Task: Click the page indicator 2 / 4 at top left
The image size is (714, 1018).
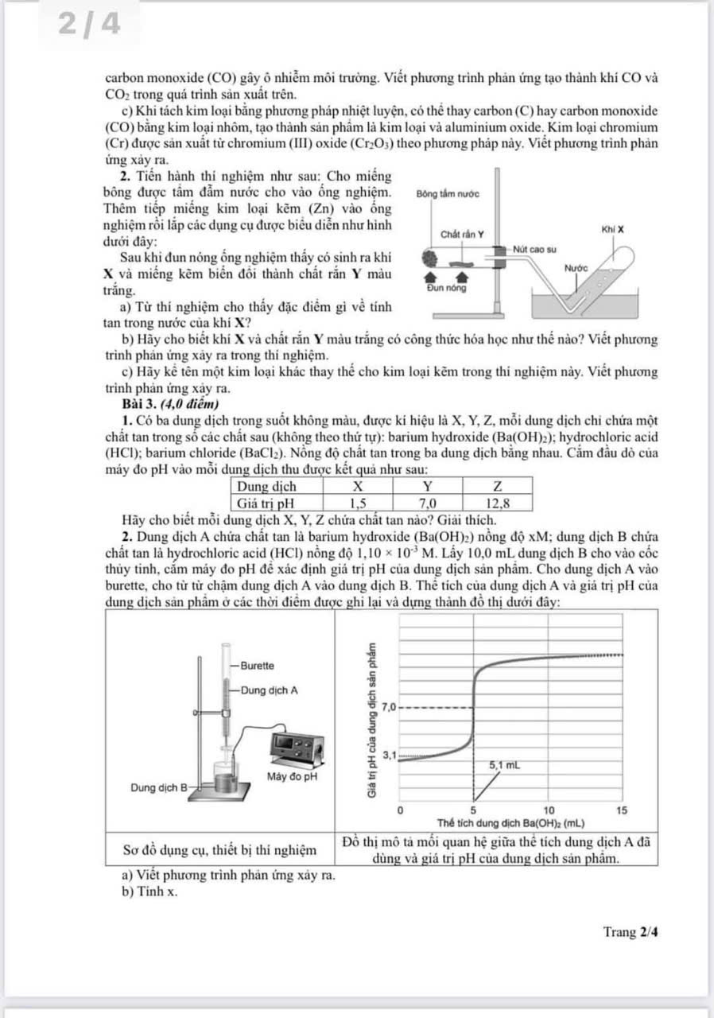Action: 89,25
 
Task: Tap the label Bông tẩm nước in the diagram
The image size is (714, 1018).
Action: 448,194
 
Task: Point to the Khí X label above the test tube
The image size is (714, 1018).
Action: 612,228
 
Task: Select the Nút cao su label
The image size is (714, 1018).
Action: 535,248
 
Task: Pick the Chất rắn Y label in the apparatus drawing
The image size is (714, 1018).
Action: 464,234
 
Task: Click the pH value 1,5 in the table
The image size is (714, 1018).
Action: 358,503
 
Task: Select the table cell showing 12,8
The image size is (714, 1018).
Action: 497,503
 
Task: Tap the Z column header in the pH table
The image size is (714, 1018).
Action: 497,485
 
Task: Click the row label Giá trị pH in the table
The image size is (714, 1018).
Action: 266,503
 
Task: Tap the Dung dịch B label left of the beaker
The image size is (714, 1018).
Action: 158,787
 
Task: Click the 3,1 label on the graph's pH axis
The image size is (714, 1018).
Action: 389,753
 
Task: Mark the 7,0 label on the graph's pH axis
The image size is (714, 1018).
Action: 389,706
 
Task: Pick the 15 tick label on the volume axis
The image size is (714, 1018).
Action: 622,810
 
